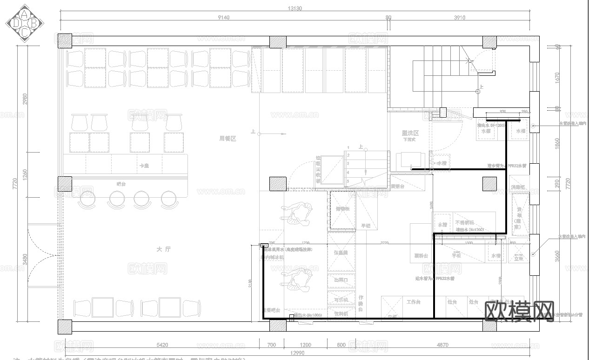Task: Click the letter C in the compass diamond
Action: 24,32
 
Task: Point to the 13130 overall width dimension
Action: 295,8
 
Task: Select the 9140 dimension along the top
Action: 223,18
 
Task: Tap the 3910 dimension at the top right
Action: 459,18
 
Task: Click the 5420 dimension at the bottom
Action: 162,345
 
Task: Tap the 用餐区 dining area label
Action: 228,139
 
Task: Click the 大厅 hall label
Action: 164,249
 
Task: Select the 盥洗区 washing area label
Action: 410,133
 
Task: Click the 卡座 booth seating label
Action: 144,166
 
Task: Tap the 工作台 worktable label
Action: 413,302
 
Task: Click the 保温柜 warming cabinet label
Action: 341,253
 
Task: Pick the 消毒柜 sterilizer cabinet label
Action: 517,187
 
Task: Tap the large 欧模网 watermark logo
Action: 520,311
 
